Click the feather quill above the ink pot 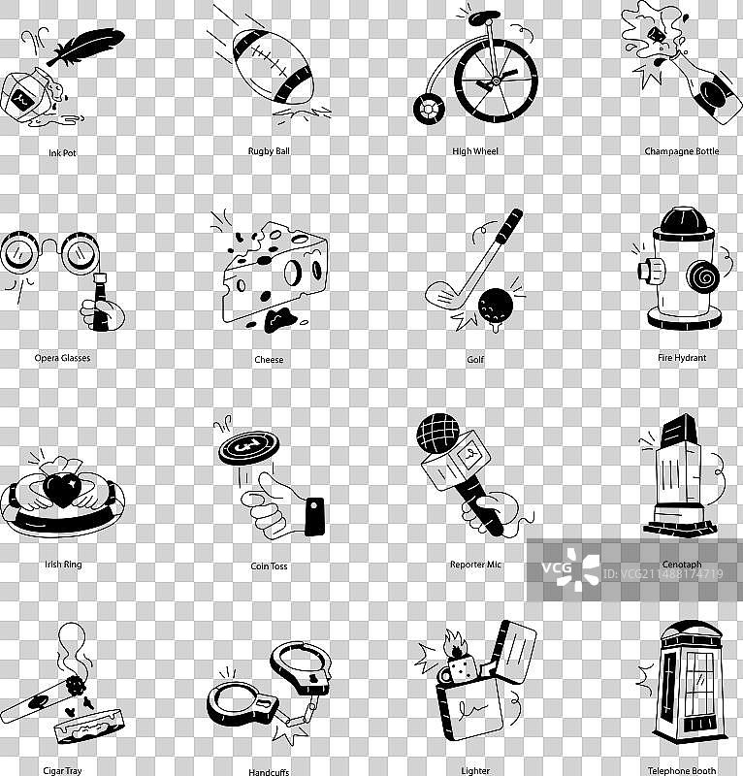point(86,45)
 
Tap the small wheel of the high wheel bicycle point(428,110)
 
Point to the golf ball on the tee point(496,303)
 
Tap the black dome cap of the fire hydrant point(684,220)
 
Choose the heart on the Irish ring point(62,489)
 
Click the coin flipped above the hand point(248,447)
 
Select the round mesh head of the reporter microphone point(438,433)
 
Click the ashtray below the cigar point(88,726)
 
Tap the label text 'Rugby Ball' point(269,151)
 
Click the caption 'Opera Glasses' point(62,358)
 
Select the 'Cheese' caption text point(269,360)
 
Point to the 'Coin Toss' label point(269,566)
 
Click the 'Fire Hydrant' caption point(682,358)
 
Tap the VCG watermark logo point(570,569)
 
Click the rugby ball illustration point(274,66)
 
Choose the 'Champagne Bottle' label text point(682,151)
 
